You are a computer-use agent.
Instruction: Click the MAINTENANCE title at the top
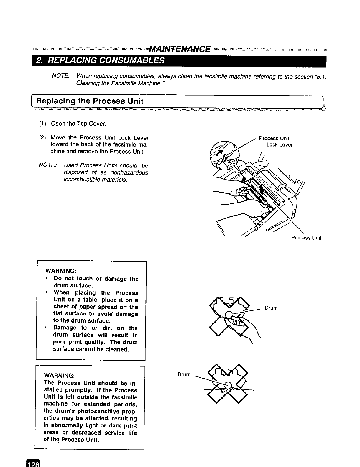(180, 49)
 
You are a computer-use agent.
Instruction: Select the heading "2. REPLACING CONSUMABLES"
(100, 61)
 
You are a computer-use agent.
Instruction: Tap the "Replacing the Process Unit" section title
(89, 101)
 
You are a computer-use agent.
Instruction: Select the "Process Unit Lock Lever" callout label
(275, 142)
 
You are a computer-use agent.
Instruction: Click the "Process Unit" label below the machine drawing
(306, 238)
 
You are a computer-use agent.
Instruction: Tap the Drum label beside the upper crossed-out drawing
(271, 308)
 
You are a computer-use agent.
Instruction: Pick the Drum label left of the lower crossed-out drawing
(184, 374)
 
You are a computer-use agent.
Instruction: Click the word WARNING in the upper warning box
(61, 271)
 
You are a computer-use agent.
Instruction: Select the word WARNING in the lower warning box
(59, 376)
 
